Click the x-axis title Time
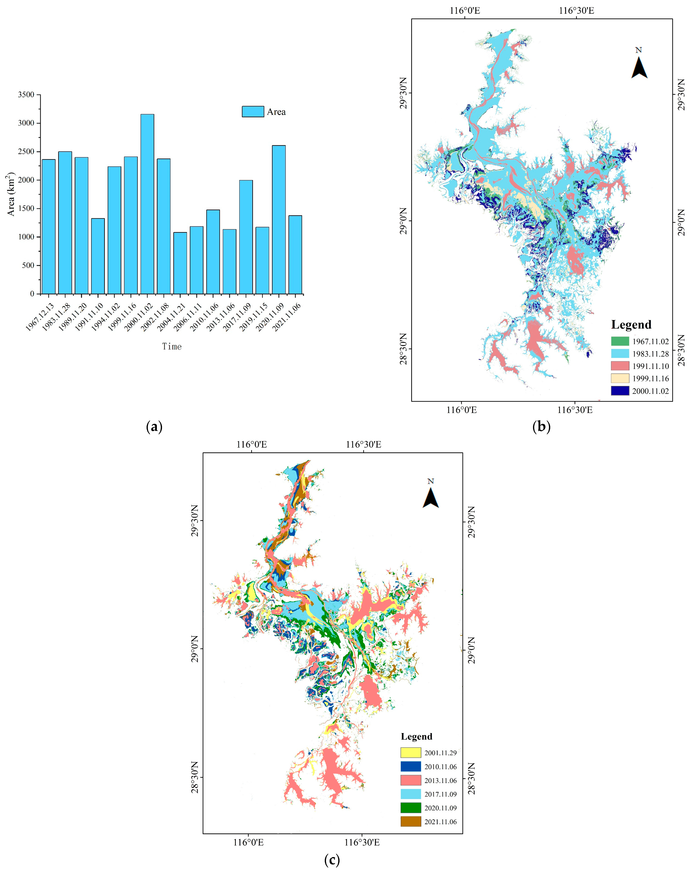tap(172, 346)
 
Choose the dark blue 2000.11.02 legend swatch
tap(620, 390)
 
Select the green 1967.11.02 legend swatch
tap(620, 341)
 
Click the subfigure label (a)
tap(154, 426)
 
